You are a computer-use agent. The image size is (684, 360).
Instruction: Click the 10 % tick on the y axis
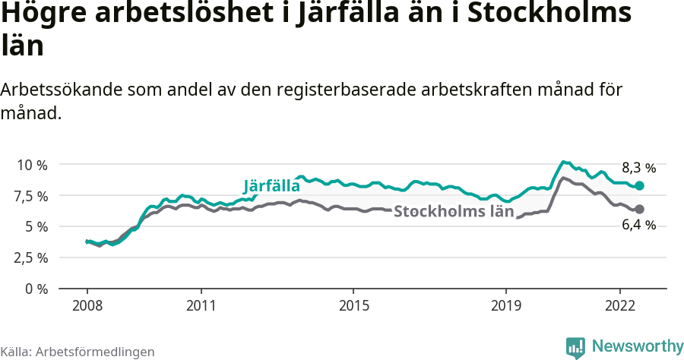(x=31, y=165)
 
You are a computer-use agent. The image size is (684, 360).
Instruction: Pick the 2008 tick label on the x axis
(x=87, y=305)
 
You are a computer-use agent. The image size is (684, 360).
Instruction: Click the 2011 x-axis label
(x=201, y=305)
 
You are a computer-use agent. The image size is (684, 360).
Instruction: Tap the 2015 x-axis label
(x=353, y=305)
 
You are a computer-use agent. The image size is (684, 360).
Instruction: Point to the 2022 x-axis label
(x=619, y=305)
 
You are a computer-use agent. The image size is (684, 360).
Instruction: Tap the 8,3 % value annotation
(x=638, y=168)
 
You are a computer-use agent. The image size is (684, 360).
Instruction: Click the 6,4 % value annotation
(x=638, y=225)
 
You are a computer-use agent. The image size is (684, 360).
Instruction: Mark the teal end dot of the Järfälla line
(x=640, y=186)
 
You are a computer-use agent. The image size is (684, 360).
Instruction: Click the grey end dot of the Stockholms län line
(x=640, y=209)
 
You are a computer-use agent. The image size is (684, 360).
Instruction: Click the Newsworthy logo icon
(x=575, y=347)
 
